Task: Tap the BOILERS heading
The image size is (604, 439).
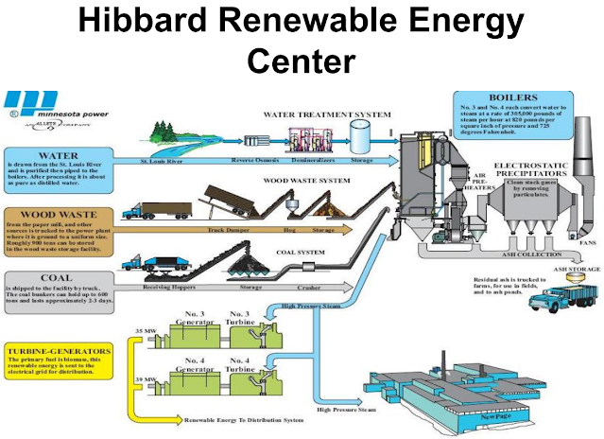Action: pos(516,96)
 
